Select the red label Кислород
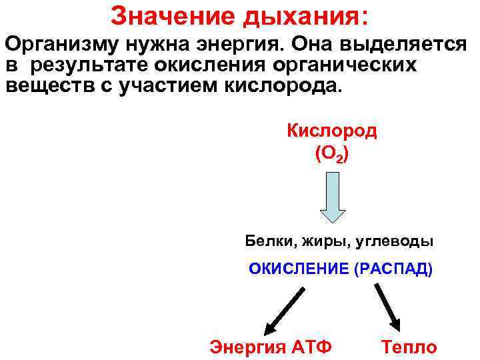pos(331,130)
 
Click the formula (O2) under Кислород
pos(331,154)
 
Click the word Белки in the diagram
pos(263,240)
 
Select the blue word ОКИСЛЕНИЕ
pos(299,269)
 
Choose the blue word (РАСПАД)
pos(393,269)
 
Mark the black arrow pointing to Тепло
pos(387,307)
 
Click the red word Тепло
pos(408,347)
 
